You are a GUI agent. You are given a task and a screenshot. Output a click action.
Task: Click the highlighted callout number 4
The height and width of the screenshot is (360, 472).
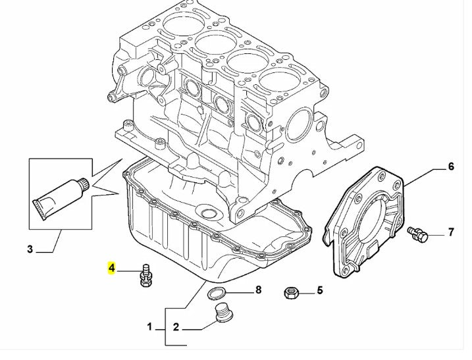tap(112, 268)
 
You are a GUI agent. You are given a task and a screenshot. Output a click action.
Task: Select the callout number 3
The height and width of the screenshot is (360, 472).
tap(30, 249)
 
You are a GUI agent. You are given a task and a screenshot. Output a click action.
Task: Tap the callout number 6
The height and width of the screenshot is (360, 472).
tap(451, 167)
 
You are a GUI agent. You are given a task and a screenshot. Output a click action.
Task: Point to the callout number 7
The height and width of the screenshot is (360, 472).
tap(451, 232)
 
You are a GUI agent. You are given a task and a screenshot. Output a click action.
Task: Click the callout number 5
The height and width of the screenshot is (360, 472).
tap(320, 290)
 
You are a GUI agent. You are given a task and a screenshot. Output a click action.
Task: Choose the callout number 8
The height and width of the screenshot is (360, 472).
tap(258, 290)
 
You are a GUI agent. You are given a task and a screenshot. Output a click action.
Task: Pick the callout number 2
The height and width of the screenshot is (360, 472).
tap(176, 326)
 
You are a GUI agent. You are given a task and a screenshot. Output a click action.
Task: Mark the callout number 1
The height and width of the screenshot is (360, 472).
tap(149, 326)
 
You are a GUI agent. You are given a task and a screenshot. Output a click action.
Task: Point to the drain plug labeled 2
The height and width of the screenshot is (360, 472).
tap(224, 314)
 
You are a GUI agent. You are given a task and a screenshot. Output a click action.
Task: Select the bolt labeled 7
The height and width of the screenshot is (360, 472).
tap(418, 234)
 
